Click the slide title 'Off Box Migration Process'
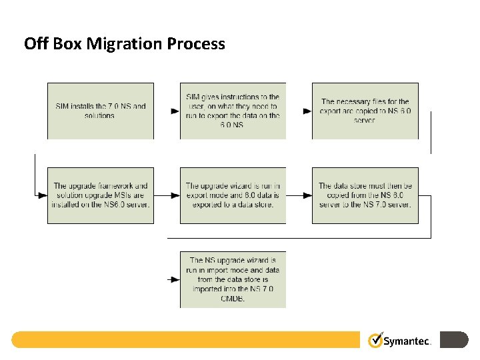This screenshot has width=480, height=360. (x=125, y=44)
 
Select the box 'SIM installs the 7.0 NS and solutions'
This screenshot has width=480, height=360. (x=100, y=111)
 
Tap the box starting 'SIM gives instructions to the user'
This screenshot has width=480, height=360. (x=233, y=111)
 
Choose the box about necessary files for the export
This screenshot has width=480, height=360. (x=365, y=111)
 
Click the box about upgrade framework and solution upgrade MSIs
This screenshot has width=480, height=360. (x=100, y=195)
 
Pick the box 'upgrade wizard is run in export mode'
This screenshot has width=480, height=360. (x=233, y=195)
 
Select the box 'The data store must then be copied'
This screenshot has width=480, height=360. (x=365, y=195)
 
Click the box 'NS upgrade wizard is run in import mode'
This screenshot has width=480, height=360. (x=233, y=279)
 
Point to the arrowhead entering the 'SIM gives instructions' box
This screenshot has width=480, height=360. (x=175, y=111)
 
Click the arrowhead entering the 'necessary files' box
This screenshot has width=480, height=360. (x=307, y=111)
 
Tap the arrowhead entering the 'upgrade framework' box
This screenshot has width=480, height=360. (x=43, y=196)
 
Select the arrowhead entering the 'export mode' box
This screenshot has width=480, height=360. (x=175, y=196)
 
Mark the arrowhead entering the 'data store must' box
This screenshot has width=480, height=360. (x=307, y=196)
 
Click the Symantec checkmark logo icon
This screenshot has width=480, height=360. (x=375, y=340)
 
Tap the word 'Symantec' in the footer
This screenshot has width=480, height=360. (x=407, y=341)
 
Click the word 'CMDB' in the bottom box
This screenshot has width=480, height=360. (x=233, y=298)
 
